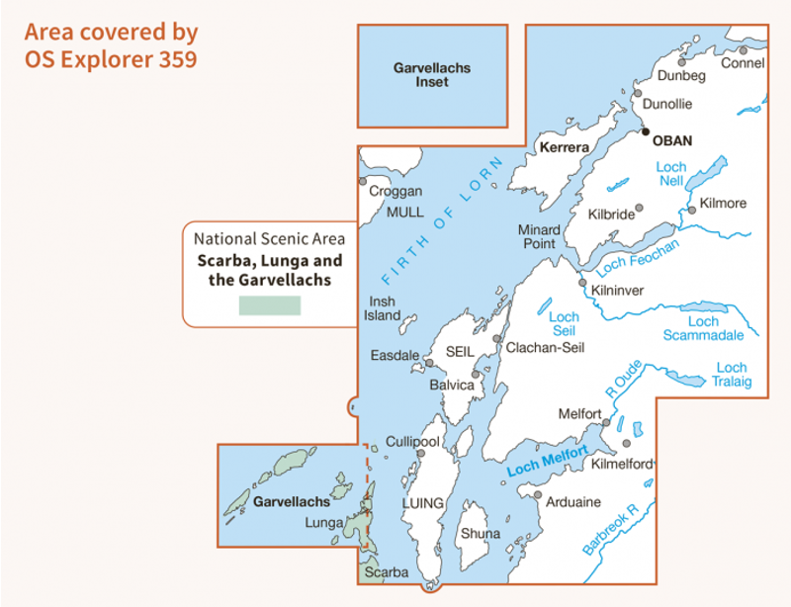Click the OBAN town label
point(673,140)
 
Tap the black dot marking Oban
point(645,130)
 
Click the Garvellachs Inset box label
point(432,75)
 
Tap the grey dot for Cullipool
point(420,453)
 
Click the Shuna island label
point(480,534)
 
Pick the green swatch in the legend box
point(269,305)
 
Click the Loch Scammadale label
point(704,328)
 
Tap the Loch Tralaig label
point(732,375)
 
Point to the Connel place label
point(744,63)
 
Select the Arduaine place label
point(573,502)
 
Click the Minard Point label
point(539,236)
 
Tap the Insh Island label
point(384,308)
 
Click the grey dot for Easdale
point(429,363)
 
